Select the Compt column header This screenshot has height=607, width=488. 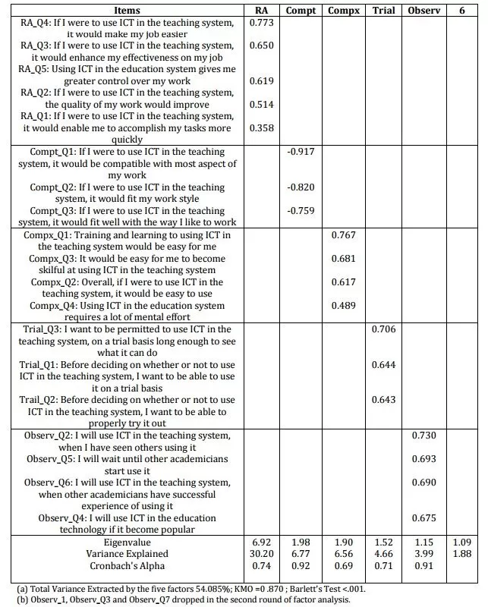[x=301, y=11]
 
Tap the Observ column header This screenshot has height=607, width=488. [x=424, y=11]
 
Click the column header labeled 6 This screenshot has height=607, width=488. [x=462, y=11]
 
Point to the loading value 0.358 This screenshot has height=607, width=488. [x=260, y=128]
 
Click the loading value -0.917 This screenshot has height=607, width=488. [x=301, y=152]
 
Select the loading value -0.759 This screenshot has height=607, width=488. [x=301, y=211]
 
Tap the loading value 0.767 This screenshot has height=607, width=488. [x=343, y=235]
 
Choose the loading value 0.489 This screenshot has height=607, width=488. [x=343, y=306]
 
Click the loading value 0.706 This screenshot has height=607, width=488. [x=384, y=329]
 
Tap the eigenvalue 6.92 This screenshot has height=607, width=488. [x=260, y=543]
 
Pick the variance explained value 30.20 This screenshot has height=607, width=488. [x=260, y=555]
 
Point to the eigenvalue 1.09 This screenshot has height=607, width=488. [x=462, y=543]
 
